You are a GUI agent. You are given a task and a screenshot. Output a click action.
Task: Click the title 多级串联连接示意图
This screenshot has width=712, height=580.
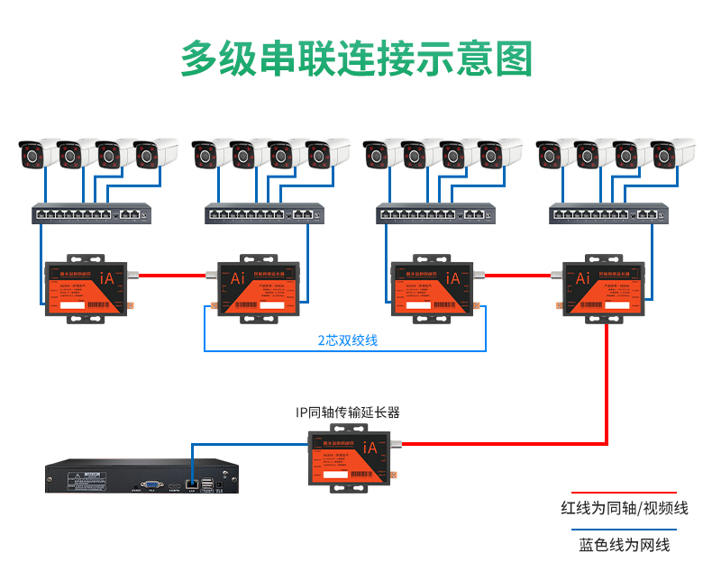356,58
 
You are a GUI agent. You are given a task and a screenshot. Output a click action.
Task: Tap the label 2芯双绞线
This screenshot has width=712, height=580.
347,340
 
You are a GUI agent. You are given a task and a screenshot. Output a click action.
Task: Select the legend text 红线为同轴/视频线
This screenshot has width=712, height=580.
624,508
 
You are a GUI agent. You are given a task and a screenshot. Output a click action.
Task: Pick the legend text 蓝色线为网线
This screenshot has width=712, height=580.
624,545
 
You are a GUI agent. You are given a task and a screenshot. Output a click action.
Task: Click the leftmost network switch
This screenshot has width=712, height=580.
91,213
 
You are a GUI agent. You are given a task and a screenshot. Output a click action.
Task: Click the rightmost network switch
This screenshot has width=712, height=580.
609,213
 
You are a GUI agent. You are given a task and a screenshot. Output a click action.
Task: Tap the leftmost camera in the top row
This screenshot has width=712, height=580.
39,153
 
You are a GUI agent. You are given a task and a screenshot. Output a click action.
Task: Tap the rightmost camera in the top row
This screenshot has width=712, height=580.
670,153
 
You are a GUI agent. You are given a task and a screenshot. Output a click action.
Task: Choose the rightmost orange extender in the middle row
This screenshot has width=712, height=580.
605,287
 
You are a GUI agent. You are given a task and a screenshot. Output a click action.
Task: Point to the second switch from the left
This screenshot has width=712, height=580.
264,213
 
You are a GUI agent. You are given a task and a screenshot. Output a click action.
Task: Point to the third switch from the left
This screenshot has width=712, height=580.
436,213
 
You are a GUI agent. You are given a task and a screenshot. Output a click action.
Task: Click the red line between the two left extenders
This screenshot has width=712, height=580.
171,276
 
